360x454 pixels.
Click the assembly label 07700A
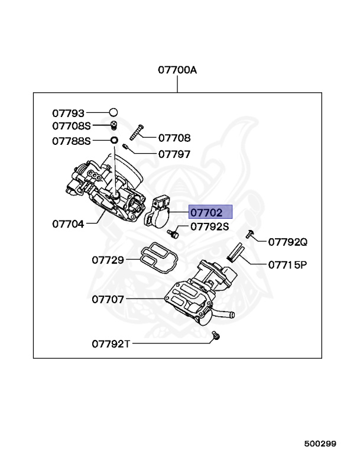[177, 70]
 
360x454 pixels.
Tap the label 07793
[68, 112]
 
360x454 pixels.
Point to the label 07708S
[72, 126]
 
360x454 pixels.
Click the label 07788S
[72, 141]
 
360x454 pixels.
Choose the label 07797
[174, 154]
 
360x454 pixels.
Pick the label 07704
[68, 224]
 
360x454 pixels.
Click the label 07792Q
[288, 242]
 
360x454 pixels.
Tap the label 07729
[108, 260]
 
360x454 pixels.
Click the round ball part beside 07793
[113, 112]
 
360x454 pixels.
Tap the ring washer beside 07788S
[112, 141]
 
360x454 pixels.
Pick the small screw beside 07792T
[216, 336]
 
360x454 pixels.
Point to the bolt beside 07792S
[174, 233]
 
